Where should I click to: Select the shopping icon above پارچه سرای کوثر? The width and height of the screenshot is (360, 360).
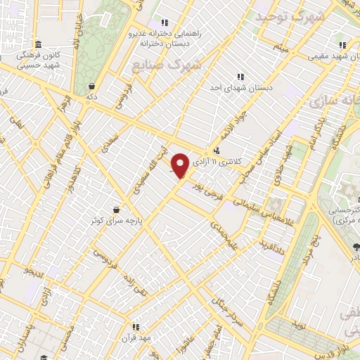116,209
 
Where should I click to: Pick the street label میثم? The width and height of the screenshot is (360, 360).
282,49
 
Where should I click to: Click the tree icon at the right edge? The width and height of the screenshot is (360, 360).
356,247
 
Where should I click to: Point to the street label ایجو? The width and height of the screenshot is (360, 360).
33,270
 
